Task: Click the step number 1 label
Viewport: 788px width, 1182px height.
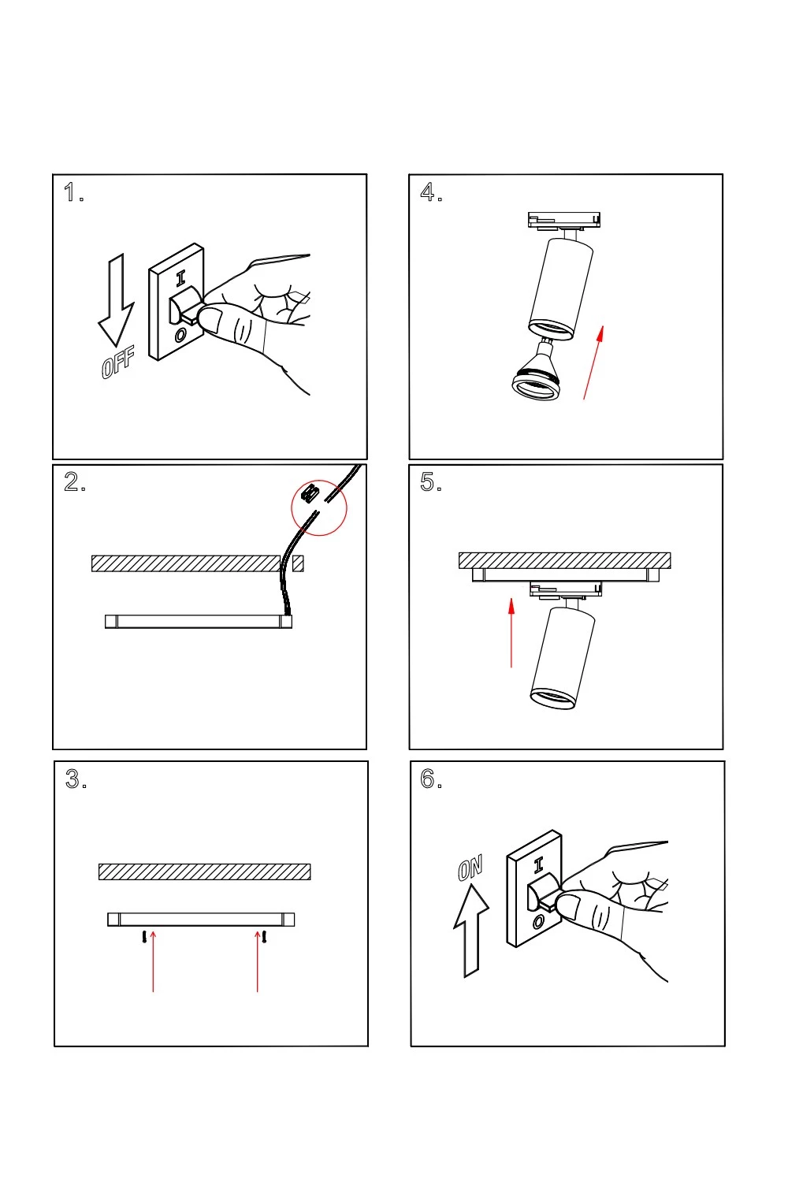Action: pos(72,192)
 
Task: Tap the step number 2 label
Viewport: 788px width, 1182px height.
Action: pos(74,482)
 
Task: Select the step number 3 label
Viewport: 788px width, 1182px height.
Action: pos(75,779)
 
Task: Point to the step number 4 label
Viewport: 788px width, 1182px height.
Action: pos(430,192)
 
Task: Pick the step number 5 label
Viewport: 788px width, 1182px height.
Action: pos(430,482)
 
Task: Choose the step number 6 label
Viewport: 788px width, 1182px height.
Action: pos(430,779)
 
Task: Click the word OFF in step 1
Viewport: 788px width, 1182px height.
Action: pos(118,362)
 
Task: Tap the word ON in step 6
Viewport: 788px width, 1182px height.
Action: pos(470,868)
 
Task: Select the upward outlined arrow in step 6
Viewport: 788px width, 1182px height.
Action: pos(471,931)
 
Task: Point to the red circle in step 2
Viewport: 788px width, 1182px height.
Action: pos(319,507)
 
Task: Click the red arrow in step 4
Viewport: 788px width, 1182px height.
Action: pos(593,362)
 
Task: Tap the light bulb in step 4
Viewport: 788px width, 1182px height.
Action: pos(537,375)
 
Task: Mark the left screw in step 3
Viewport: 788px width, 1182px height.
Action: pos(143,937)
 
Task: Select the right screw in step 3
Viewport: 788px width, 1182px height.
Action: pos(265,937)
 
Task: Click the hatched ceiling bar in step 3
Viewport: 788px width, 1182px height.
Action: pos(204,872)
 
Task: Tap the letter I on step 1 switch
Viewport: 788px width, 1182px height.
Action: pos(180,277)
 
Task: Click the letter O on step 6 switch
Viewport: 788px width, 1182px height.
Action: pos(539,921)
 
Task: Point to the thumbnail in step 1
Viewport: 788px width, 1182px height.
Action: pos(210,320)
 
